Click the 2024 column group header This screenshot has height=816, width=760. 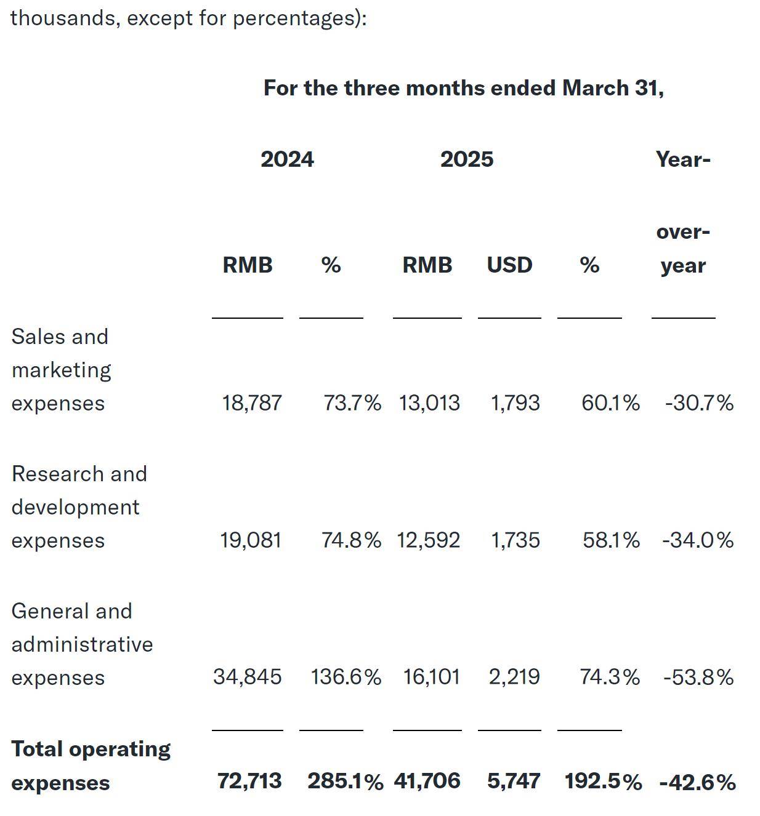287,159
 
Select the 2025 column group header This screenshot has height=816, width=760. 466,159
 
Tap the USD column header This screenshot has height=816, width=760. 509,265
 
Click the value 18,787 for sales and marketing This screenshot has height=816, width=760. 251,403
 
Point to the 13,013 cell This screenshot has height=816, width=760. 429,403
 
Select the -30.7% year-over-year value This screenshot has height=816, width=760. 699,403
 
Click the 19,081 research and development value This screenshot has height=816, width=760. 251,540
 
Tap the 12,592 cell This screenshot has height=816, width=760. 428,540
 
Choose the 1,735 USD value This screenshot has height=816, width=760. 515,540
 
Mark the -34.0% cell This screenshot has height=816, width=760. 698,540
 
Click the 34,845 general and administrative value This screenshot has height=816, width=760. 247,677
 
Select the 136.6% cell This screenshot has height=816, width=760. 346,677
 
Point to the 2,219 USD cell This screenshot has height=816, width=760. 514,677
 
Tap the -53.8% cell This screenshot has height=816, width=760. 698,678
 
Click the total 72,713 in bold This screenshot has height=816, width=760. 249,781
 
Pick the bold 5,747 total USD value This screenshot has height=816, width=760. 514,781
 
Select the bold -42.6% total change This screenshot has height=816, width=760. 697,782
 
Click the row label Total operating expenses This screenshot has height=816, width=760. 91,766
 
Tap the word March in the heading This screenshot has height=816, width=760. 595,88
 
